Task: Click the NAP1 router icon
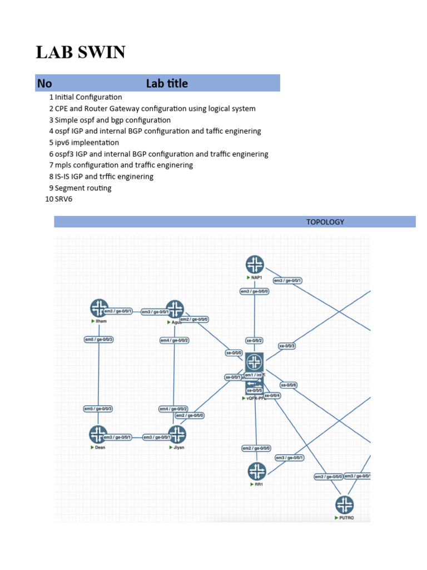(x=255, y=264)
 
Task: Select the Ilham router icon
(x=100, y=308)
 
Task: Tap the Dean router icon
(x=98, y=434)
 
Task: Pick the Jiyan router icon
(x=177, y=434)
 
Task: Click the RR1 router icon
(x=256, y=471)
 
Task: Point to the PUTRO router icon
(x=344, y=505)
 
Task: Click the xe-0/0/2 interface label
(x=255, y=340)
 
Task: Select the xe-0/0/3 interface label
(x=287, y=346)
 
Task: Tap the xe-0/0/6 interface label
(x=289, y=385)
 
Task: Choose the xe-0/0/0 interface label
(x=234, y=352)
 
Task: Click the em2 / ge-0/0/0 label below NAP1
(x=255, y=291)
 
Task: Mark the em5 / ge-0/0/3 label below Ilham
(x=99, y=340)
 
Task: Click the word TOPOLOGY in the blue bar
(x=325, y=222)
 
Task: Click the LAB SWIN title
(x=81, y=52)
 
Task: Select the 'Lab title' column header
(x=167, y=83)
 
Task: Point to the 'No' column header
(x=44, y=83)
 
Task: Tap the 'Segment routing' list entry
(x=83, y=188)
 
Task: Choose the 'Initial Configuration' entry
(x=88, y=97)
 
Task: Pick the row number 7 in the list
(x=51, y=165)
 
